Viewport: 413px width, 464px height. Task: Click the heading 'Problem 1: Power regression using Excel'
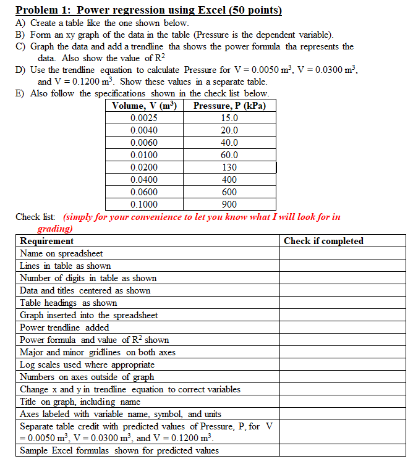point(148,10)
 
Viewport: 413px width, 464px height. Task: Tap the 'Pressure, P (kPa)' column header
point(229,106)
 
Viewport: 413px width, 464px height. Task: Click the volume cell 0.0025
point(144,118)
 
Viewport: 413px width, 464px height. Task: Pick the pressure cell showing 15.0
point(229,118)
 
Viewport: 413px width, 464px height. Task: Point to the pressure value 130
point(229,167)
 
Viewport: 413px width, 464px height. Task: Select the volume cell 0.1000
point(144,205)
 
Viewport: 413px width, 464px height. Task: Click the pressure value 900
point(229,205)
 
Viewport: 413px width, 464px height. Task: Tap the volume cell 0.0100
point(144,155)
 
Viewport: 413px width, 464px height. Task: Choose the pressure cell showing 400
point(229,180)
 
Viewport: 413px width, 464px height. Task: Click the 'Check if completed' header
point(323,241)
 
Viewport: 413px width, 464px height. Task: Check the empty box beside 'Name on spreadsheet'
point(343,253)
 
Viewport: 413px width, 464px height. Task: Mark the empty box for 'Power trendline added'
point(343,327)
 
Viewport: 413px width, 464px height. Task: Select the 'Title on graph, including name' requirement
point(80,402)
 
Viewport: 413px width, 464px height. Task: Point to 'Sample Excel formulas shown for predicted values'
point(119,450)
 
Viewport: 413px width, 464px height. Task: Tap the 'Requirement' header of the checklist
point(46,241)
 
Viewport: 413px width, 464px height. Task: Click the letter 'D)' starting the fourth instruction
point(20,70)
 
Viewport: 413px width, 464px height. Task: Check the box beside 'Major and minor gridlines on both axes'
point(343,352)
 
